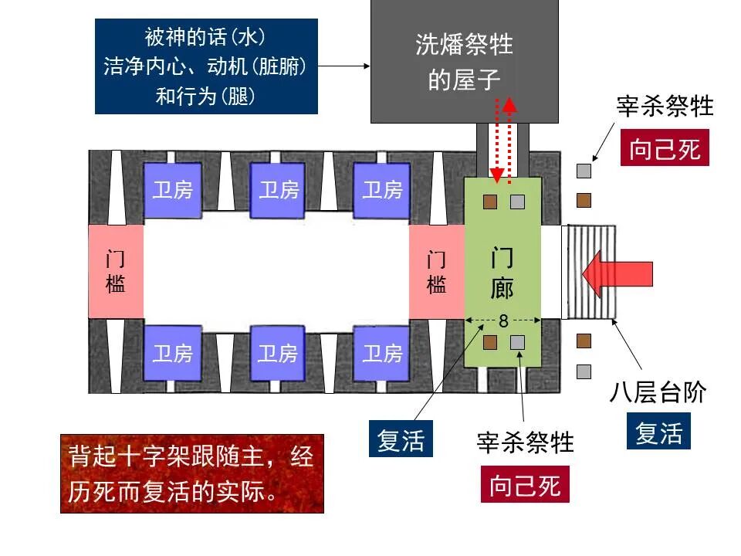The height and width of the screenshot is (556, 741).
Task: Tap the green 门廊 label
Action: (x=502, y=273)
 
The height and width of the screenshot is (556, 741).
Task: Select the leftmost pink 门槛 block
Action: (x=115, y=272)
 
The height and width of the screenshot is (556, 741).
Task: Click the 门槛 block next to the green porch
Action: (x=436, y=272)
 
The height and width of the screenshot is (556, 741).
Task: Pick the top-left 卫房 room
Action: (x=172, y=190)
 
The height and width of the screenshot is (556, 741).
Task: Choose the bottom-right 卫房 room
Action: (x=383, y=354)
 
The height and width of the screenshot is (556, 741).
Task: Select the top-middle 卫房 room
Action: (x=278, y=190)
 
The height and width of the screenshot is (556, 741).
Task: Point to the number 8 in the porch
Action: (x=503, y=320)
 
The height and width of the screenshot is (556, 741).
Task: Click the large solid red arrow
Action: (x=617, y=273)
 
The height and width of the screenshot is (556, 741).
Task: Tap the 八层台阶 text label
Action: (x=658, y=393)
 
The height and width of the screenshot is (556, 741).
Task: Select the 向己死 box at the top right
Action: (x=665, y=148)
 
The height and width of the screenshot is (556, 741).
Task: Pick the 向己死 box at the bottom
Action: (x=525, y=486)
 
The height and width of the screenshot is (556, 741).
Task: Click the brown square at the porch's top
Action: (x=490, y=202)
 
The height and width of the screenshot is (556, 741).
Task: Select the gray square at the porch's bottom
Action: (x=517, y=341)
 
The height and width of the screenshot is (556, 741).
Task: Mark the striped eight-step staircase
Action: (x=593, y=272)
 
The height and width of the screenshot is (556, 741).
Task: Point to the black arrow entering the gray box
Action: (x=344, y=66)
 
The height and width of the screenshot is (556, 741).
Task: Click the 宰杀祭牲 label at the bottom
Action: (x=526, y=442)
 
